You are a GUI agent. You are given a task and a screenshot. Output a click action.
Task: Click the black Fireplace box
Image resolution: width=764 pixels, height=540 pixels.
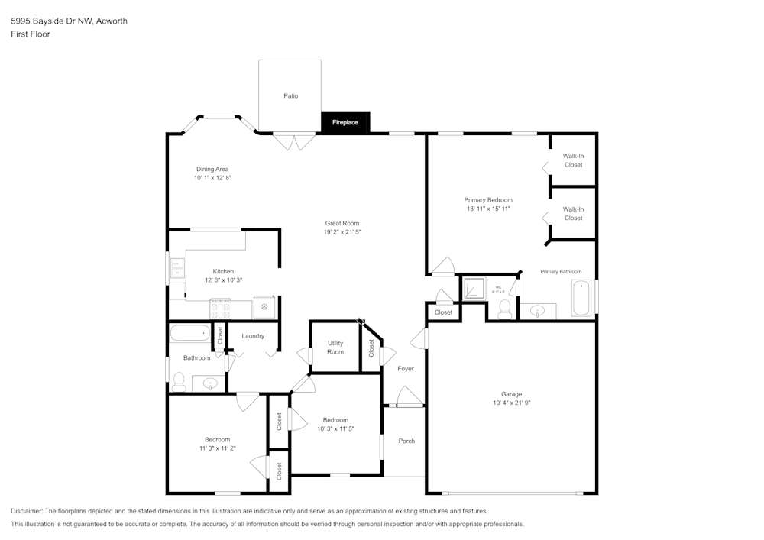[x=345, y=122]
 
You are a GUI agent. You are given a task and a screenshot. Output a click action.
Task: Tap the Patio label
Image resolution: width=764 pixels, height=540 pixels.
[x=290, y=96]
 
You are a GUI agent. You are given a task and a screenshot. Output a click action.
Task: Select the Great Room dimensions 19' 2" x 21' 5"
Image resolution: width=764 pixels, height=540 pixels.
[x=342, y=231]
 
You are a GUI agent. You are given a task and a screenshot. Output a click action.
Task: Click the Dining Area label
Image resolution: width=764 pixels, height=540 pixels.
[x=212, y=169]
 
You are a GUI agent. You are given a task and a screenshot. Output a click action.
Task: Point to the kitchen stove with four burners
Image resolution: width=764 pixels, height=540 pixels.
[x=221, y=307]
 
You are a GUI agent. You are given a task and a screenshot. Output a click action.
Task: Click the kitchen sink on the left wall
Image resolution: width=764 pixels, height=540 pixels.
[x=177, y=268]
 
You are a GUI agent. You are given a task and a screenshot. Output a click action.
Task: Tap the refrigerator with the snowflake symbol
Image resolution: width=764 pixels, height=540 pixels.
[x=264, y=306]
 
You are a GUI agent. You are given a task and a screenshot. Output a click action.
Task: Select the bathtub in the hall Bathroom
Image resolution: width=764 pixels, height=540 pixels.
[x=189, y=333]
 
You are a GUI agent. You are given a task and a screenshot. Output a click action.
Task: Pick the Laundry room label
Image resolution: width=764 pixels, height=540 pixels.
[x=253, y=336]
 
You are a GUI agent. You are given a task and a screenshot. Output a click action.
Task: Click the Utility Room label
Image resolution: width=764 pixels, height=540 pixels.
[x=335, y=348]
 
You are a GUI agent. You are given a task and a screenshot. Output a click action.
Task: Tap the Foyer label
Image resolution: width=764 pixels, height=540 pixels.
[x=405, y=369]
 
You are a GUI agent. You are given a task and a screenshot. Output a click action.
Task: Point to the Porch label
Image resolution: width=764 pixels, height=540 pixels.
[x=406, y=441]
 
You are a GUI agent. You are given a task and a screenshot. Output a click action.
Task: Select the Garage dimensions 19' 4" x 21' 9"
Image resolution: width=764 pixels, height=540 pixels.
[x=511, y=403]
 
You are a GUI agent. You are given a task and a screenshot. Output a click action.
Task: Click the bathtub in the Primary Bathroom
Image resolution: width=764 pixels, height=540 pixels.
[x=581, y=299]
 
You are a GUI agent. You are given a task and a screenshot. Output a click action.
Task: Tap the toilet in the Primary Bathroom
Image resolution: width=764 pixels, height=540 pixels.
[x=503, y=309]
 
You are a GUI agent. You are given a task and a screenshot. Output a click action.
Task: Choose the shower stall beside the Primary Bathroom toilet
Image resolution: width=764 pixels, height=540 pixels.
[x=474, y=289]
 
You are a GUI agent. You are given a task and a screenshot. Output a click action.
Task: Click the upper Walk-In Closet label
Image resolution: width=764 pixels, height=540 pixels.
[x=573, y=160]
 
